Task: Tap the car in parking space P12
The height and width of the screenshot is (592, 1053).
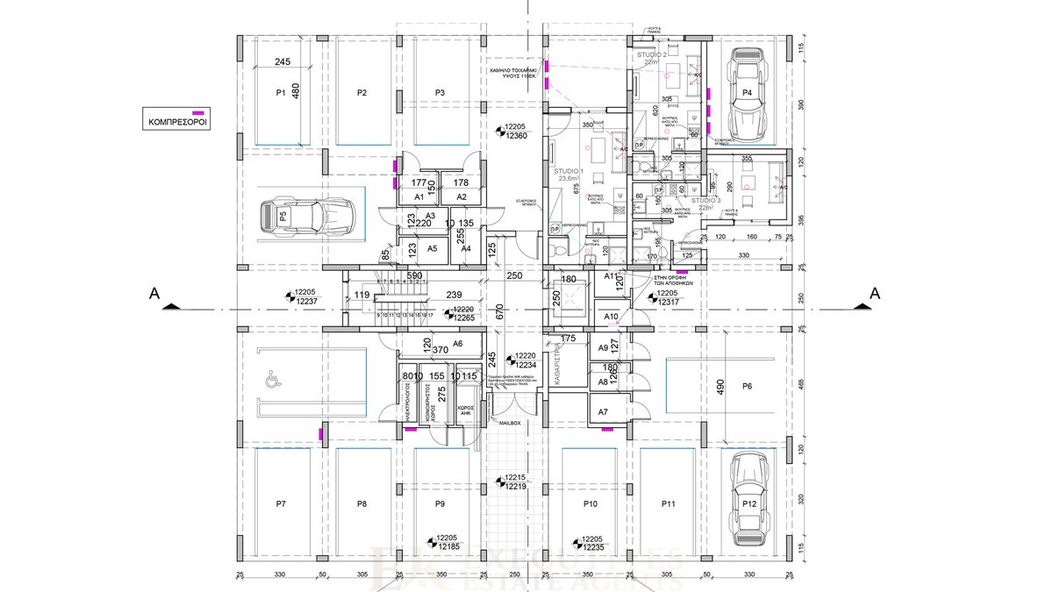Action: [746, 490]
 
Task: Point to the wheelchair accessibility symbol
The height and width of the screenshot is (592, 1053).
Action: [268, 382]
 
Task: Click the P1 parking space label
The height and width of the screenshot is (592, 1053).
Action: [281, 92]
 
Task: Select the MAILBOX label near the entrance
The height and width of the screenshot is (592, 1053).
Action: [511, 423]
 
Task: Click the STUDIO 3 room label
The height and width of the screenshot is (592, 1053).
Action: [705, 200]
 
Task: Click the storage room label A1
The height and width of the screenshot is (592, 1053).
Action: [419, 198]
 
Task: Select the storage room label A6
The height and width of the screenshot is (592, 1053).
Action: [457, 344]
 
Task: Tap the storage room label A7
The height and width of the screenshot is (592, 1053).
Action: [603, 411]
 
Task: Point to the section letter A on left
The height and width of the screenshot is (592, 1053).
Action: [154, 293]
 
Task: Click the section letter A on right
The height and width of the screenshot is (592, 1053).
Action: [874, 293]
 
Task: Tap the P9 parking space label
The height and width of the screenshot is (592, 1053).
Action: [440, 503]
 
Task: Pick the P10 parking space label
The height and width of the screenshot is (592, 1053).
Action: [590, 503]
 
